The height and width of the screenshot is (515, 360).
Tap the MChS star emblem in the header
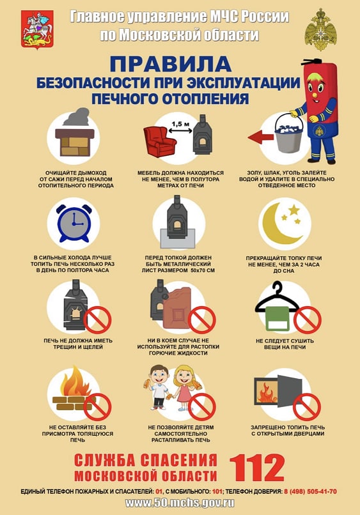pos(320,29)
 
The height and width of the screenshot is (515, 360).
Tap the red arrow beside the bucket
pos(259,136)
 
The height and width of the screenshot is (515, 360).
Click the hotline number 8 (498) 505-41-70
pos(309,491)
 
